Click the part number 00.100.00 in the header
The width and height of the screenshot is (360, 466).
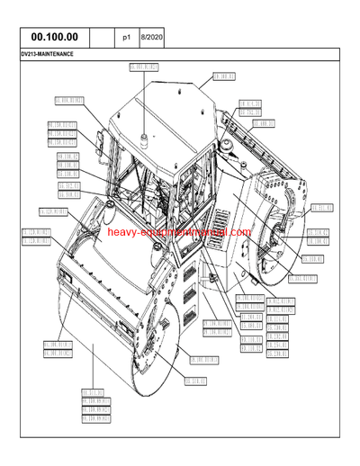coord(54,38)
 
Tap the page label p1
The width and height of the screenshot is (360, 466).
coord(127,38)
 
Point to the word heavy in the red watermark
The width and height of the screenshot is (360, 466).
coord(121,232)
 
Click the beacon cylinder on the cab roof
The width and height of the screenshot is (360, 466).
coord(141,138)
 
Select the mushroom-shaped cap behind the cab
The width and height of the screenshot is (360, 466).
coord(223,144)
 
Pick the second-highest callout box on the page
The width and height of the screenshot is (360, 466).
coord(224,76)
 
